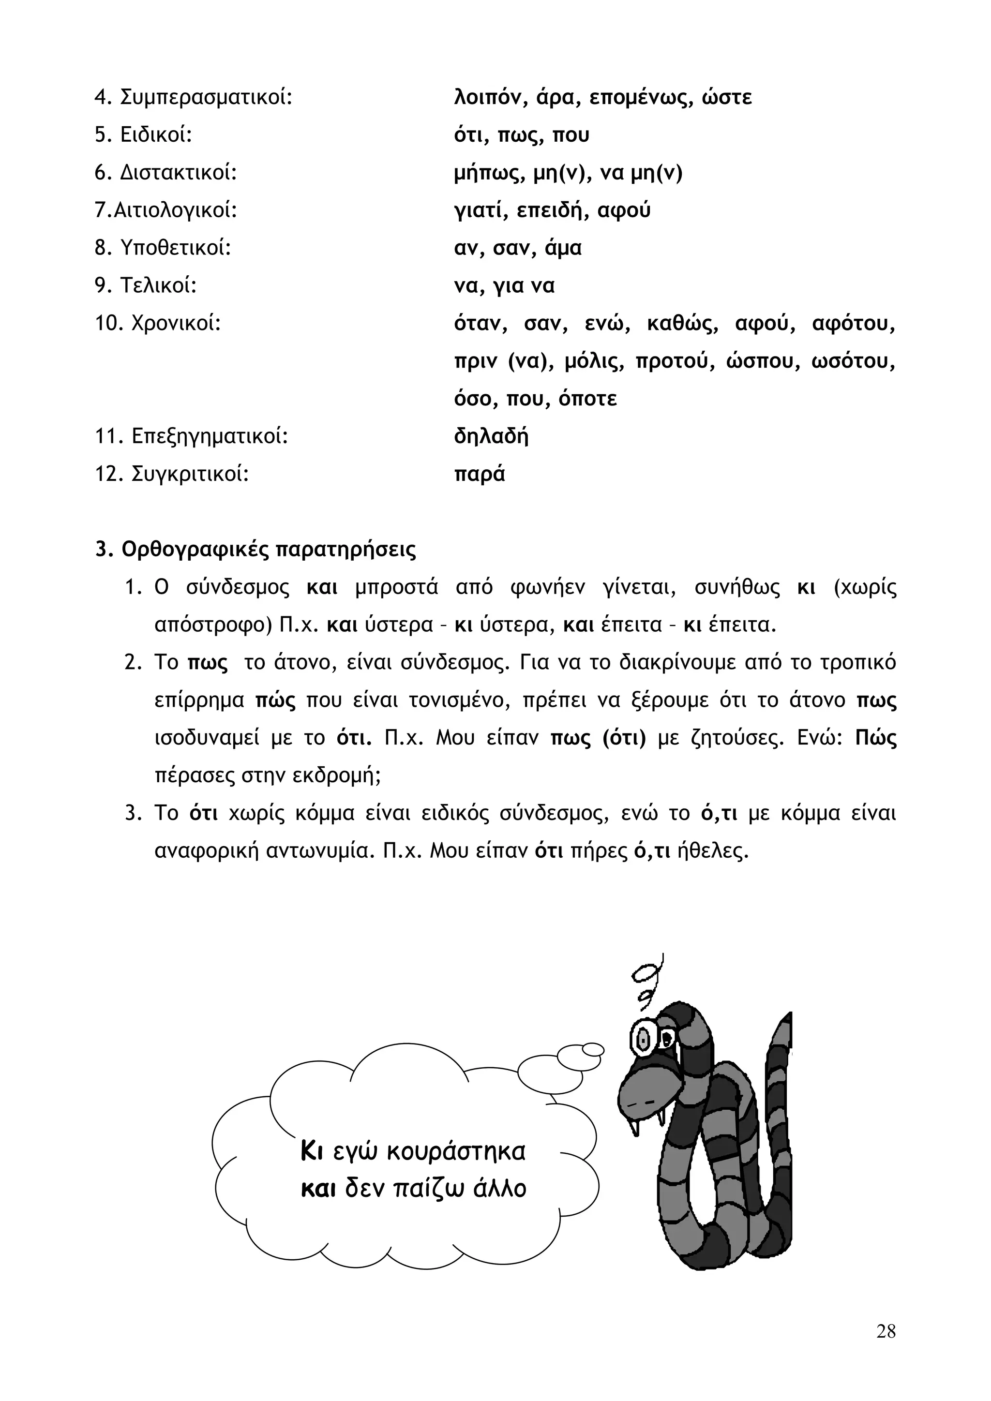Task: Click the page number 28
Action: [886, 1330]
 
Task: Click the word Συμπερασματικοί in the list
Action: [206, 98]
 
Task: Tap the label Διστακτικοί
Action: [178, 173]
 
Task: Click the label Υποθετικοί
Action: [176, 248]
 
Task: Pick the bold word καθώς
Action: [681, 324]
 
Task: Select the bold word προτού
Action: [674, 362]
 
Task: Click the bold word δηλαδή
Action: [491, 437]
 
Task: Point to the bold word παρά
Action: [480, 475]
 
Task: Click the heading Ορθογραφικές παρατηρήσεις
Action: [269, 550]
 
